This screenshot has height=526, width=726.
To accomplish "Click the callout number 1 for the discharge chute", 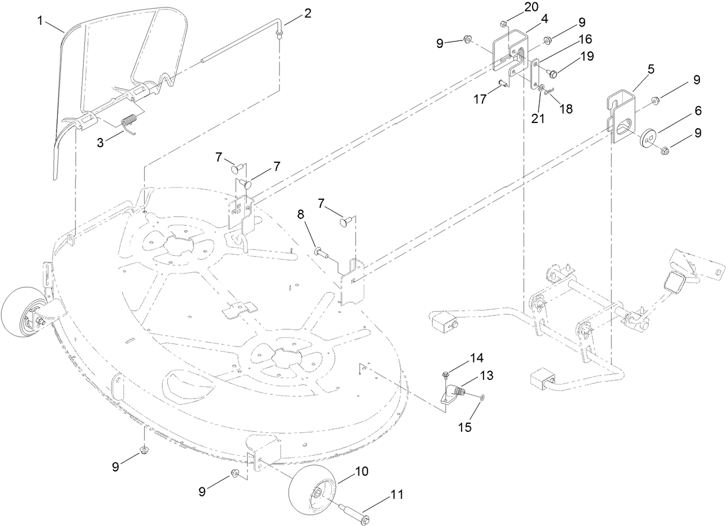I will click(40, 21).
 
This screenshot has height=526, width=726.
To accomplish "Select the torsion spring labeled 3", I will click(129, 122).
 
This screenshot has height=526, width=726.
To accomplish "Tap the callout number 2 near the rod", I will click(308, 13).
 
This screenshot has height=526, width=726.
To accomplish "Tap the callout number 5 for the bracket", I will click(650, 69).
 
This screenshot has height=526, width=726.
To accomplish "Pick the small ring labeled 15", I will click(482, 398).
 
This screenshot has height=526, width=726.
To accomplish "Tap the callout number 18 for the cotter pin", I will click(566, 108).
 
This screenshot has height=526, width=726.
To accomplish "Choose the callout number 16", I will click(585, 40).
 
